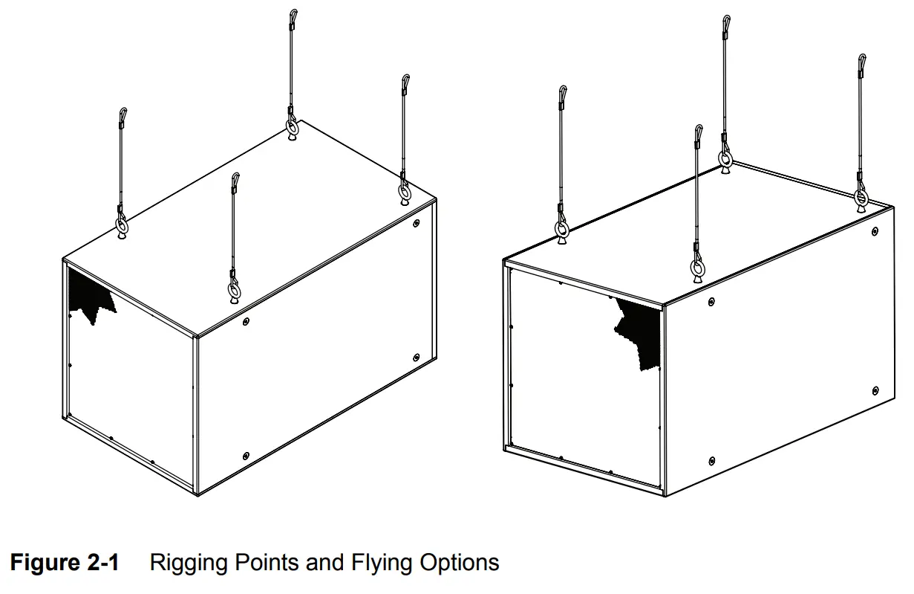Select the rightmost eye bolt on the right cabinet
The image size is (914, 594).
861,198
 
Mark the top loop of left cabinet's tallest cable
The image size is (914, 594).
293,16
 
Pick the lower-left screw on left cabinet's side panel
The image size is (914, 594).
246,453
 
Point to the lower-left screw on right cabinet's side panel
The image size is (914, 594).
711,461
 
